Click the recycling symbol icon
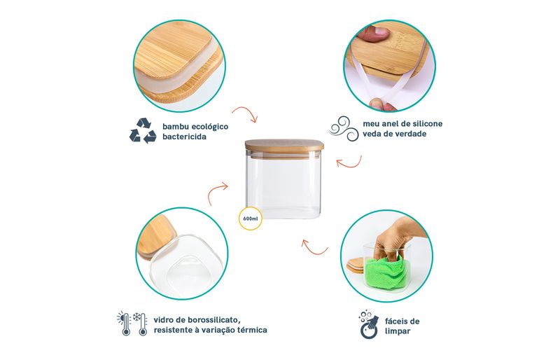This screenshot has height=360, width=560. (x=143, y=131)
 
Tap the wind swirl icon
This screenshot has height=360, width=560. (x=343, y=128)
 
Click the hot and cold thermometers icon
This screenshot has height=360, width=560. (x=132, y=324)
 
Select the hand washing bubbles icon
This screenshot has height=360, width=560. (x=369, y=324)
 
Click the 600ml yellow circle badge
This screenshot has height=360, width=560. (x=251, y=218)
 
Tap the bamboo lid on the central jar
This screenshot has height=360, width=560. (x=284, y=146)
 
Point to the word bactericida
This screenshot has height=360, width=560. (x=184, y=137)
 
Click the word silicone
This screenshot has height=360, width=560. (x=428, y=124)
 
